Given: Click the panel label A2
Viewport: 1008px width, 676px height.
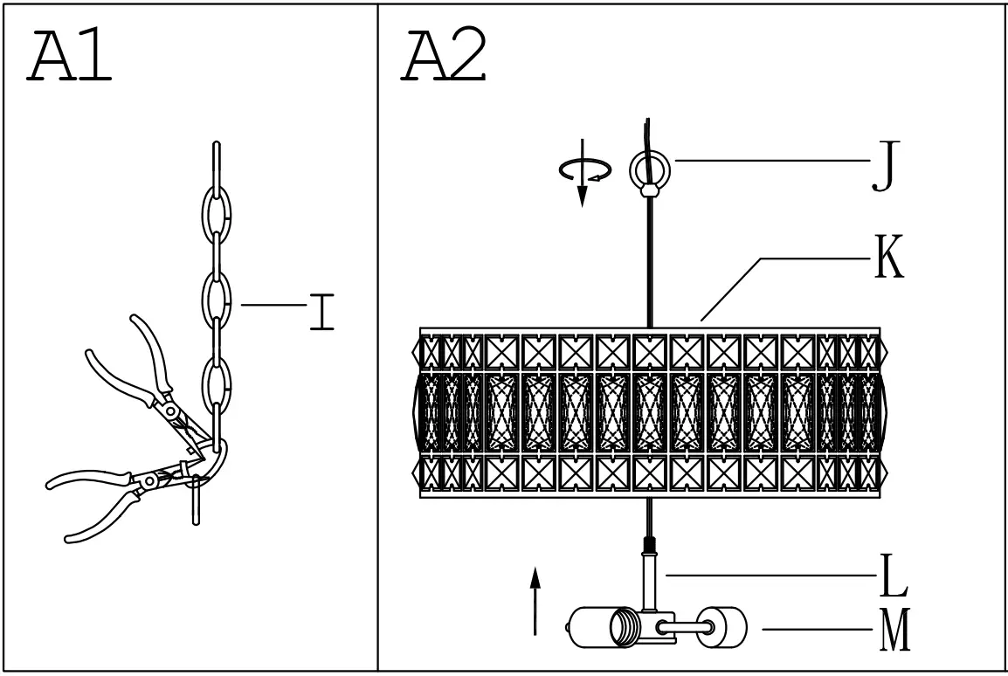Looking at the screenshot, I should coord(444,57).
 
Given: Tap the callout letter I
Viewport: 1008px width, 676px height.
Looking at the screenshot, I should coord(321,313).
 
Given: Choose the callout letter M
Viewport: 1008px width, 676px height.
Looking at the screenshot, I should coord(894,631).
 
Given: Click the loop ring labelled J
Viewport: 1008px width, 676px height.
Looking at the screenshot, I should coord(648,168).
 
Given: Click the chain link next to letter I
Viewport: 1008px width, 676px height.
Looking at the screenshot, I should coord(217,299).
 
